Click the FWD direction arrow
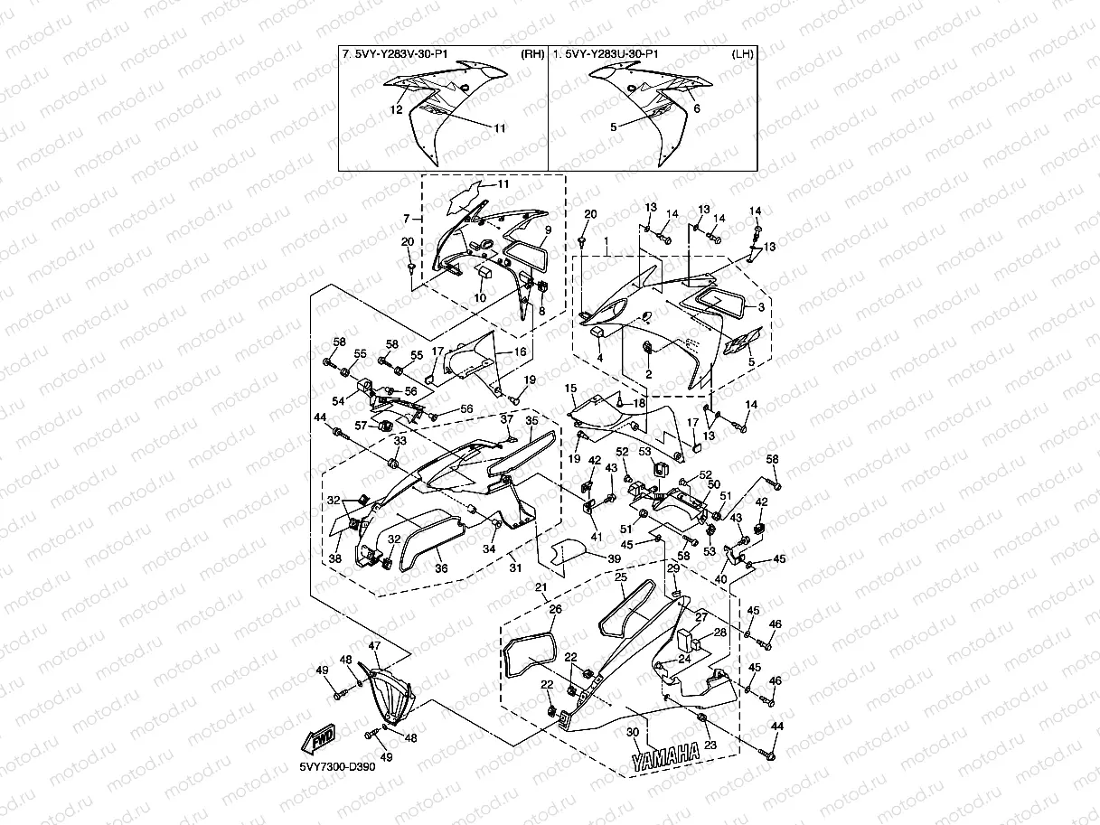pos(318,739)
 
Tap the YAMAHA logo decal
pos(665,757)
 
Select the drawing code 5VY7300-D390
pos(337,767)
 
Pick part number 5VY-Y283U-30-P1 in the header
pos(612,54)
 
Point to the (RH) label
pos(532,54)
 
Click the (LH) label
pos(743,54)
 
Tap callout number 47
pos(374,646)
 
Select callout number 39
pos(614,558)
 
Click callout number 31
pos(515,567)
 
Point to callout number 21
pos(541,586)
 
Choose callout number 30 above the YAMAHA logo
pos(633,732)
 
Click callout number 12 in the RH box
pos(397,109)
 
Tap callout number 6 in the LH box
pos(697,108)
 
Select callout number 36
pos(441,568)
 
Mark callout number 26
pos(556,609)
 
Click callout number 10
pos(480,297)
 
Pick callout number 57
pos(361,426)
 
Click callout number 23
pos(710,745)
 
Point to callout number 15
pos(570,389)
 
